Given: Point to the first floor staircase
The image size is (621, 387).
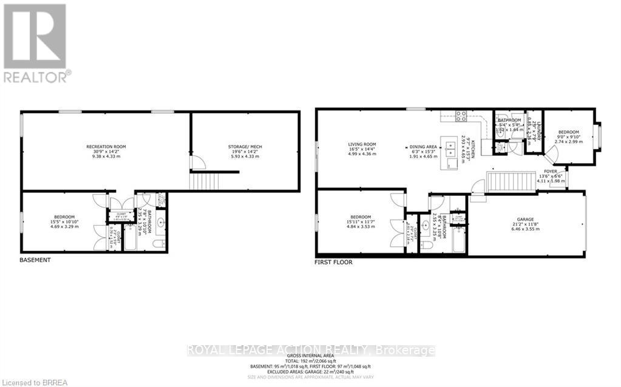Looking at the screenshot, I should coord(501,181).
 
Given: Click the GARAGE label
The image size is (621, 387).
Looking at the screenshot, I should coord(526,220).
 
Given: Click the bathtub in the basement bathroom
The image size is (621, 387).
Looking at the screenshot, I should coord(130,240).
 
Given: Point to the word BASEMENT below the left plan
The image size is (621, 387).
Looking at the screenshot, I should coord(35,260).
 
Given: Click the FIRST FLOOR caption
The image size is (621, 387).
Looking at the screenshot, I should coord(333,263).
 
